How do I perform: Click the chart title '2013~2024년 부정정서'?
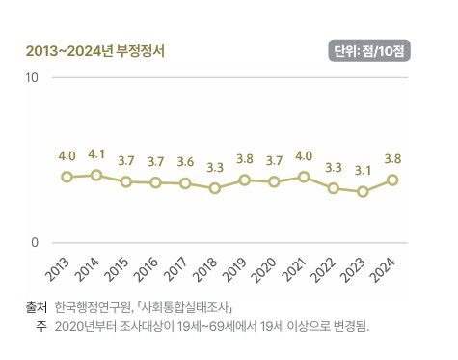coord(94,51)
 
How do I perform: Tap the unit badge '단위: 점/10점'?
coord(369,51)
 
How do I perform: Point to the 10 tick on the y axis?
coord(32,76)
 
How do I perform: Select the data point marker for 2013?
coord(67,177)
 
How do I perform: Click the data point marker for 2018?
coord(215,188)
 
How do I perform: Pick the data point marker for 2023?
coord(363,191)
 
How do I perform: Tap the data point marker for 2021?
coord(304,177)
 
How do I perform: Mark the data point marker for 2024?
coord(392,180)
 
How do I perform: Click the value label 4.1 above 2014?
coord(96,153)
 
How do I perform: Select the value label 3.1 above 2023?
coord(363,170)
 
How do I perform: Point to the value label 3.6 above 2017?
coord(185,161)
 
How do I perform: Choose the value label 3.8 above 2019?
coord(245,158)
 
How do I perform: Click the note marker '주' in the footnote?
coord(42,327)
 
